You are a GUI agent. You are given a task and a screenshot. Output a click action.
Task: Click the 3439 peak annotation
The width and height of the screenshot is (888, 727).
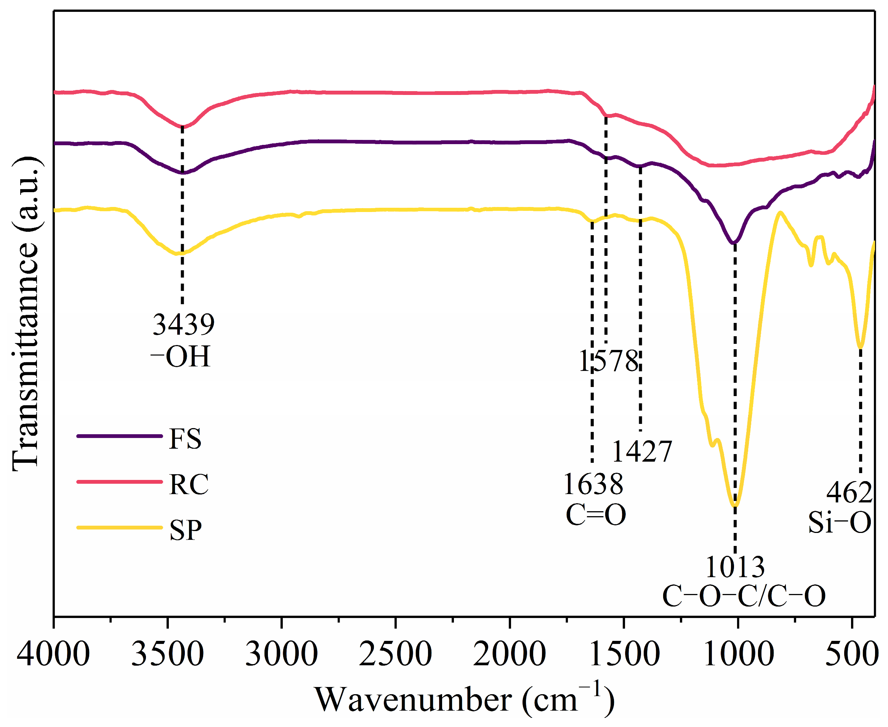click(183, 324)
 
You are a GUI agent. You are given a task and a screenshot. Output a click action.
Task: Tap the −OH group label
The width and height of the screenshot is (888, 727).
click(180, 357)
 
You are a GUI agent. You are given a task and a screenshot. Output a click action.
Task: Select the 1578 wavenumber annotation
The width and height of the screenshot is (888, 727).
click(609, 361)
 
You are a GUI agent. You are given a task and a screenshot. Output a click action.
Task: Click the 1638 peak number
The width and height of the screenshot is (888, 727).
click(593, 485)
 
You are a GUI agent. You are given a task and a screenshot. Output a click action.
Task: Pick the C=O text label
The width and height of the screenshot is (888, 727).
click(596, 515)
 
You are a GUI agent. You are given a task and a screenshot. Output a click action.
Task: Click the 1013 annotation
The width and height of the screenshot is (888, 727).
click(735, 567)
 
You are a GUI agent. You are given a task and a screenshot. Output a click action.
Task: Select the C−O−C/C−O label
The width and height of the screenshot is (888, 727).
click(744, 596)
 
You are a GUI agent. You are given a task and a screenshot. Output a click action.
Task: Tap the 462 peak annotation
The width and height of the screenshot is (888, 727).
click(849, 493)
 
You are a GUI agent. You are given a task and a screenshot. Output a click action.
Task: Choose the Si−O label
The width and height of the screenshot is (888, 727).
click(840, 523)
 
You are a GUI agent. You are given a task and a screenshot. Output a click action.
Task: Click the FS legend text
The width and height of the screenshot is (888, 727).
click(185, 439)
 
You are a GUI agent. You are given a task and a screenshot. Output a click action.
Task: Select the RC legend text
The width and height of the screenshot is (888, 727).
click(189, 485)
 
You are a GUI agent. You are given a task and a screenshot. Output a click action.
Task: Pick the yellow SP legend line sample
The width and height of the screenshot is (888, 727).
click(119, 528)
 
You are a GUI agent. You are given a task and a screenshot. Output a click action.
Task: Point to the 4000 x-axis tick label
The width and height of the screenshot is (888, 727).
click(53, 655)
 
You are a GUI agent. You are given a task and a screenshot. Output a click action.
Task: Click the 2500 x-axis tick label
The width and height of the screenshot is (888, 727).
click(395, 655)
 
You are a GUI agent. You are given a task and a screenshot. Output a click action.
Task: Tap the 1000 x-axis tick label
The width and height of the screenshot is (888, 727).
click(739, 655)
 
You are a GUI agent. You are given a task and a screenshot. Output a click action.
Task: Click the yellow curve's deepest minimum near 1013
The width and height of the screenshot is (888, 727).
click(735, 506)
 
